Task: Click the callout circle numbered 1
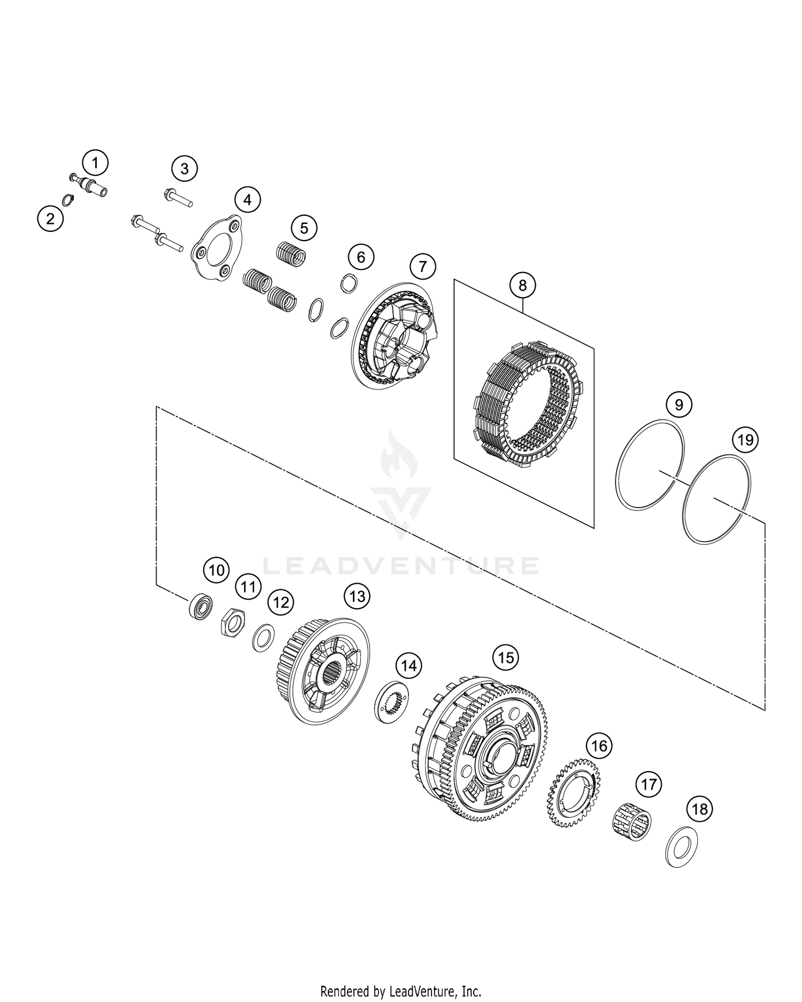[95, 163]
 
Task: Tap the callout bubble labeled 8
[522, 285]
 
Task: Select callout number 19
[745, 440]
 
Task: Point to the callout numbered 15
[506, 657]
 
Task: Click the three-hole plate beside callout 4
[217, 247]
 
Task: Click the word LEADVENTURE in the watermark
[400, 565]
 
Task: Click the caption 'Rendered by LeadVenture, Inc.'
[400, 991]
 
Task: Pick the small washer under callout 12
[264, 638]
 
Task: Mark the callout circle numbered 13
[357, 596]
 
